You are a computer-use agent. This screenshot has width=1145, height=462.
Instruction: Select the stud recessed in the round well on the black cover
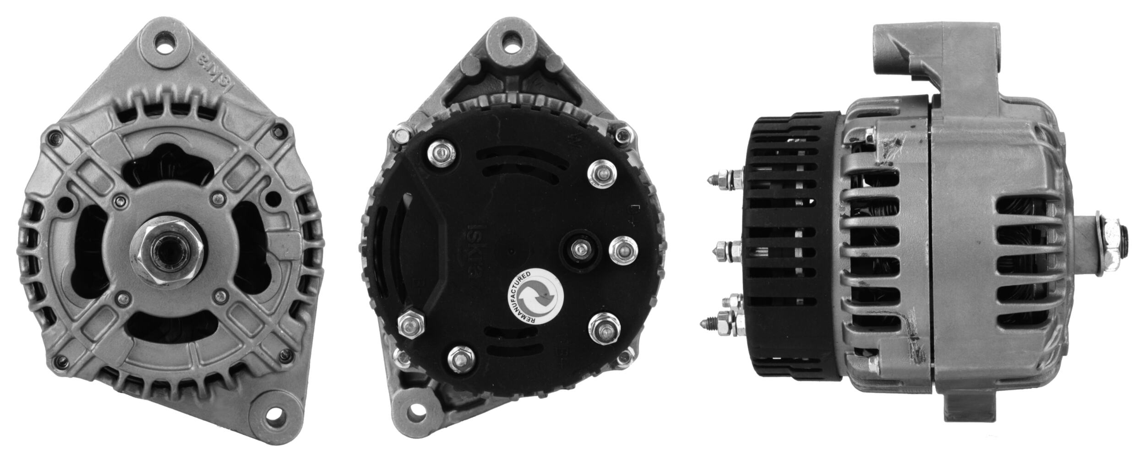[x=581, y=249]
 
